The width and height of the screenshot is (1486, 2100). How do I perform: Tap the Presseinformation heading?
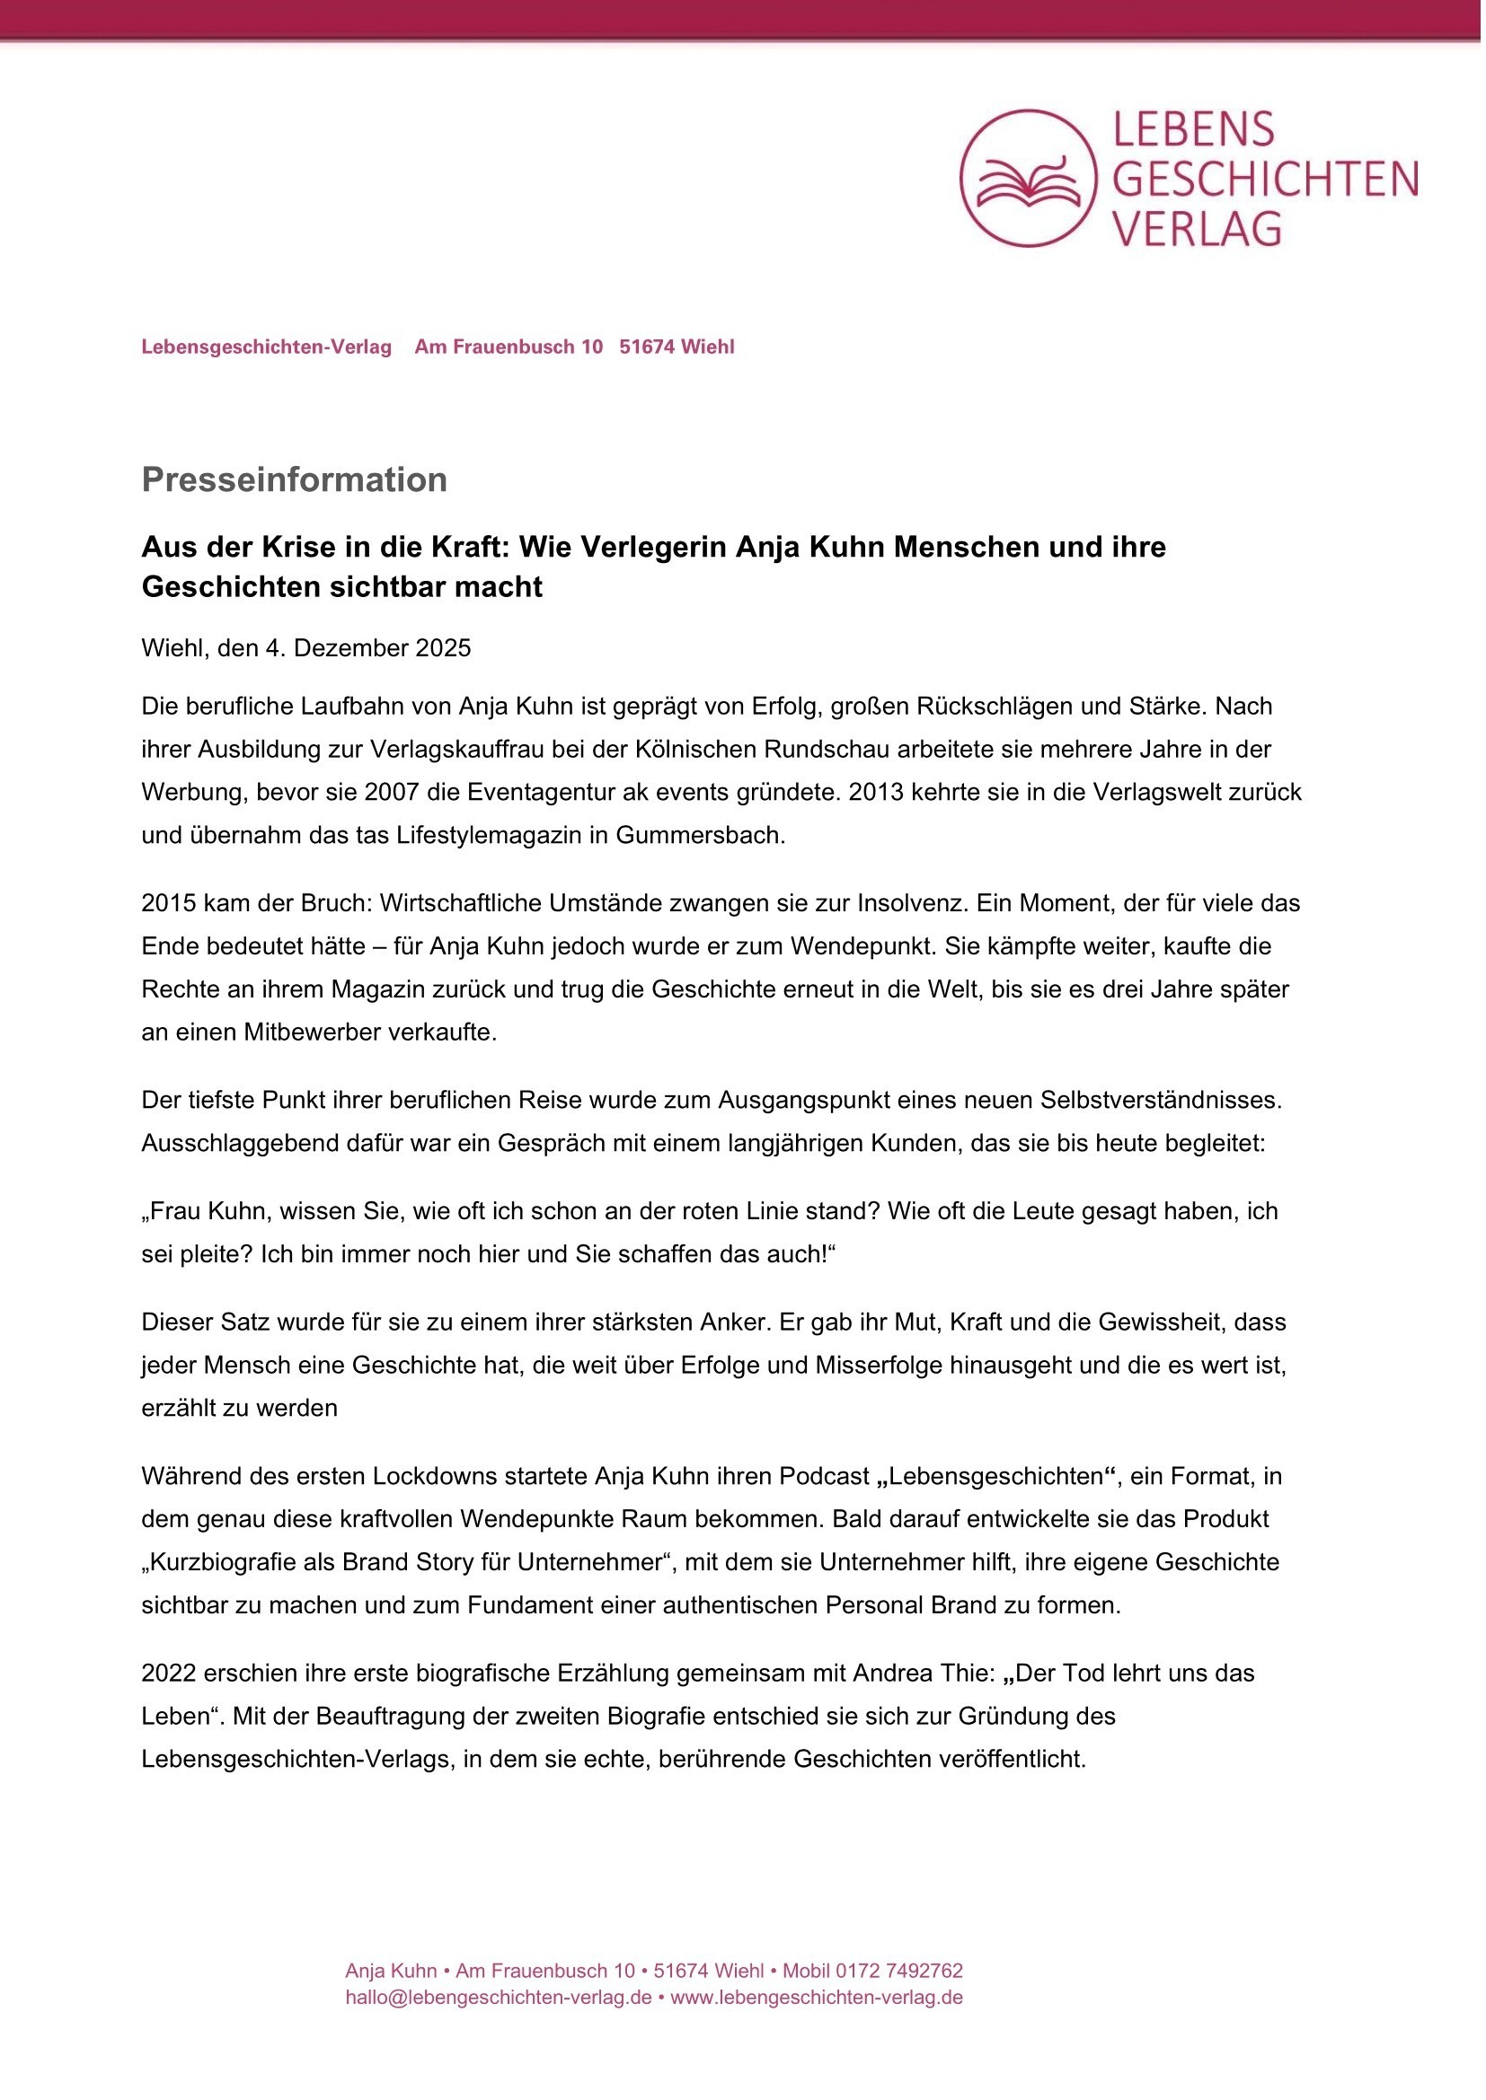click(294, 479)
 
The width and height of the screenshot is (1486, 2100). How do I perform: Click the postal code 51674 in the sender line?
click(647, 347)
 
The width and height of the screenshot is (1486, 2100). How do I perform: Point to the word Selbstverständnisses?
click(1161, 1100)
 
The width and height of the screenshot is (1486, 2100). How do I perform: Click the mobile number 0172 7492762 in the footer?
click(898, 1971)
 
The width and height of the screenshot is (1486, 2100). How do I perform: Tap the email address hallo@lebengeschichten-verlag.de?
click(498, 1998)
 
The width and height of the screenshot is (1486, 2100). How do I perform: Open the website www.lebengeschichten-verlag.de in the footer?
click(816, 1998)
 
